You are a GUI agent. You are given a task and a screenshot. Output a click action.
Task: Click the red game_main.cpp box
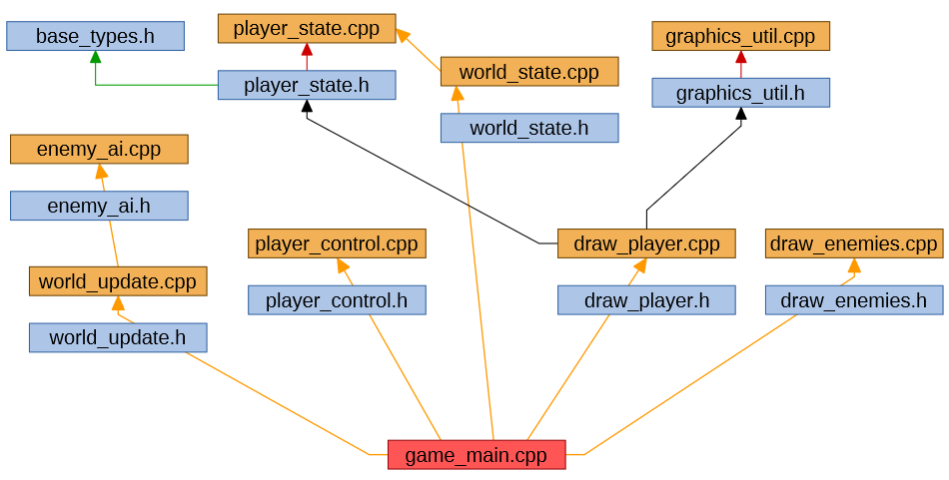(x=476, y=455)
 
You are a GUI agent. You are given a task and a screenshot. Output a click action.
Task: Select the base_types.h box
(x=95, y=37)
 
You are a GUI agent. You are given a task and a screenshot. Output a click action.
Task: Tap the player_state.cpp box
(x=307, y=28)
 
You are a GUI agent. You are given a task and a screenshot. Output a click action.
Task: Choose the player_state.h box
(x=307, y=85)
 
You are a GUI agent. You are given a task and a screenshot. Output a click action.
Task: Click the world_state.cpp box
(x=529, y=72)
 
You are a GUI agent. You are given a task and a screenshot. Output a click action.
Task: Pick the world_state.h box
(x=529, y=128)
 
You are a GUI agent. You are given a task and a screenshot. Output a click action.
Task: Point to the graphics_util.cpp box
(x=740, y=37)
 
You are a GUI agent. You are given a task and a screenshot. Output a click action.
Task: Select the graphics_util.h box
(x=740, y=93)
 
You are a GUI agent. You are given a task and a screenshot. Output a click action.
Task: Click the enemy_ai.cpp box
(x=99, y=150)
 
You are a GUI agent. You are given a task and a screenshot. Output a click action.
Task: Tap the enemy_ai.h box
(x=99, y=206)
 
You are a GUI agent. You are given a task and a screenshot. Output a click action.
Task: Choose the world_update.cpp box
(x=118, y=281)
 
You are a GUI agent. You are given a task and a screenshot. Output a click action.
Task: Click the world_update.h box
(x=118, y=337)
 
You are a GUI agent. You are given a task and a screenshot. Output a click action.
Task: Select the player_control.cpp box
(x=337, y=243)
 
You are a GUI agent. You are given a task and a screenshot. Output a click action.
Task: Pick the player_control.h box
(x=337, y=300)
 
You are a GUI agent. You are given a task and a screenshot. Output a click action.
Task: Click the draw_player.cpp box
(x=646, y=243)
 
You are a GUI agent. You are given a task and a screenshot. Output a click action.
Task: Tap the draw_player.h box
(x=646, y=300)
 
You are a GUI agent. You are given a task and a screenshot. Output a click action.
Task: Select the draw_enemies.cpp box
(x=854, y=243)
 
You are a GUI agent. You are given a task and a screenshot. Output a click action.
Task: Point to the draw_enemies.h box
(x=854, y=300)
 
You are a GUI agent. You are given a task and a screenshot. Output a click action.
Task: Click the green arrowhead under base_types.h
(x=95, y=58)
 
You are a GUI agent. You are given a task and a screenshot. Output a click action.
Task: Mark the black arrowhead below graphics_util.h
(x=740, y=114)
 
